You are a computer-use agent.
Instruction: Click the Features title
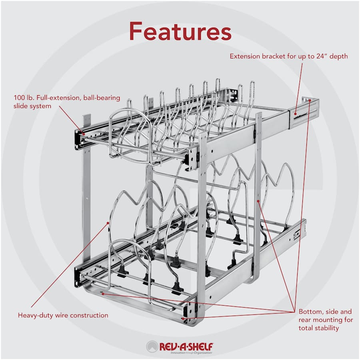[x=180, y=30]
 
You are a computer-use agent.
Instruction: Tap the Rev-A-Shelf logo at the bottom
[x=180, y=346]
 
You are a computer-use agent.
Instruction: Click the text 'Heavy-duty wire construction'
[x=63, y=315]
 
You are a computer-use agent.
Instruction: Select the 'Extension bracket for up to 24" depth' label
[x=288, y=56]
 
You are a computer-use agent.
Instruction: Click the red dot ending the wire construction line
[x=108, y=222]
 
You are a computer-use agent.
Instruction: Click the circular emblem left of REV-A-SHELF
[x=152, y=346]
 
